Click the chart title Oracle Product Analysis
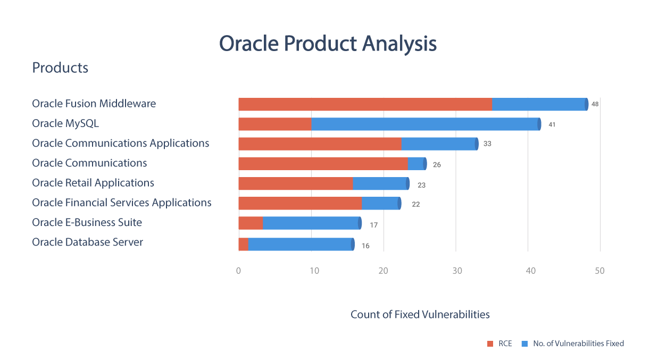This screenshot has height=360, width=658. [x=328, y=44]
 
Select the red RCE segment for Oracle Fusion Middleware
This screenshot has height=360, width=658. [x=365, y=104]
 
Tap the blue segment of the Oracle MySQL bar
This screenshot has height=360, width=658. [x=426, y=124]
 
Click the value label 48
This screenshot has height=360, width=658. [x=595, y=104]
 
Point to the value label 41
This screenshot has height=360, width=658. [x=552, y=124]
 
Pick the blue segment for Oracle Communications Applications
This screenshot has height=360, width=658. [x=440, y=144]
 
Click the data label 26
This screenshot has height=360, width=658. [x=437, y=165]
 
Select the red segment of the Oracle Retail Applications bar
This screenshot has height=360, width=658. [x=296, y=183]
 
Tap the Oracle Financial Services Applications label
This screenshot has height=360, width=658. [x=122, y=203]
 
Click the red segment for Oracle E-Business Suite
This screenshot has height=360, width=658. [x=251, y=223]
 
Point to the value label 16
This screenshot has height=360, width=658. [x=365, y=246]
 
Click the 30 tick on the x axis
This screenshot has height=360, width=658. [x=457, y=271]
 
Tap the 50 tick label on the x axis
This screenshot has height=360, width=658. [x=600, y=271]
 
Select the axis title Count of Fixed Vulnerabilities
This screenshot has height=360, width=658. [x=420, y=314]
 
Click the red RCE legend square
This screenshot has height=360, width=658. [x=490, y=344]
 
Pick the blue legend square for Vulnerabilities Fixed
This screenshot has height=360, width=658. [x=524, y=344]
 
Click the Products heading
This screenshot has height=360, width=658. [x=60, y=68]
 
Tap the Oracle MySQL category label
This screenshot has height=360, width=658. [x=65, y=123]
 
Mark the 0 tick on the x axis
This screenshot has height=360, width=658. [x=238, y=271]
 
